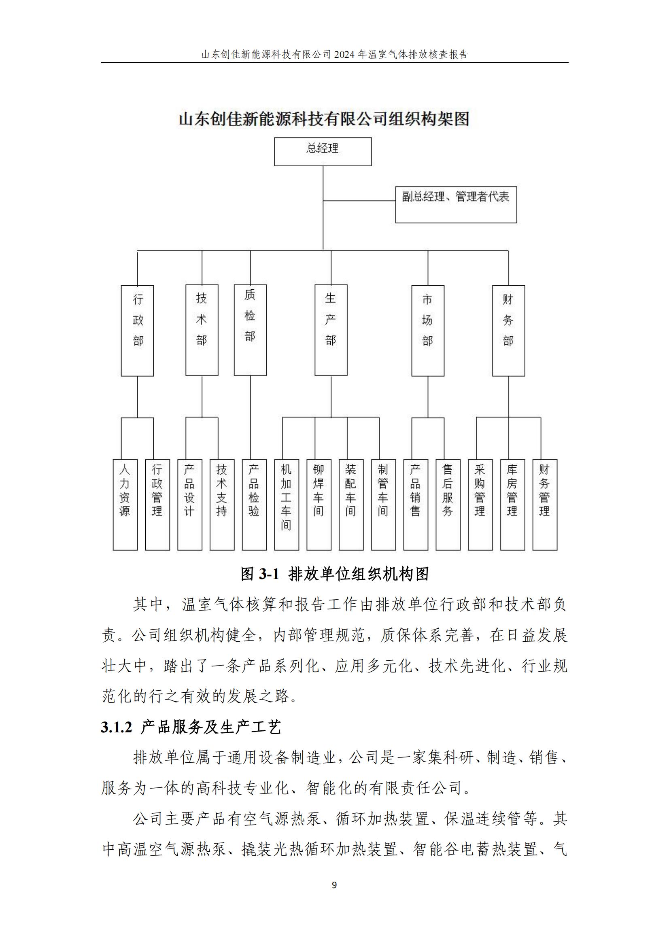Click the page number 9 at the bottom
tap(334, 885)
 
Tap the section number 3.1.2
tap(117, 728)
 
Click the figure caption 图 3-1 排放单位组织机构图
tap(335, 574)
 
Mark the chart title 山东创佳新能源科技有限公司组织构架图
tap(325, 119)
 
